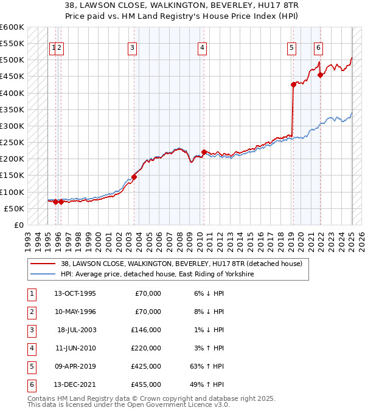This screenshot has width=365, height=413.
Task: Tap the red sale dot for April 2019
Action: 293,84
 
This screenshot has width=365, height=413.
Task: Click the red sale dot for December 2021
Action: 320,75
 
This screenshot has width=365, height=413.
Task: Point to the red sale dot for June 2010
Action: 204,152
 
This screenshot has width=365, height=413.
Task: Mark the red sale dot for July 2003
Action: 134,177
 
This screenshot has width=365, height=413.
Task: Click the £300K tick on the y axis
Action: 12,126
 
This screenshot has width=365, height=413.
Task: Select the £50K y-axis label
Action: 15,208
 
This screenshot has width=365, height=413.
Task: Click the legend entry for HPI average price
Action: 157,275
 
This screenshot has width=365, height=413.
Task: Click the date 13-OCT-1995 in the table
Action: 75,293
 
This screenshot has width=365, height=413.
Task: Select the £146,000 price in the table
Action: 148,330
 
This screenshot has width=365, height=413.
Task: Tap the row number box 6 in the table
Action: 31,384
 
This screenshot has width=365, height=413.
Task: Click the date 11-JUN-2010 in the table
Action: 75,348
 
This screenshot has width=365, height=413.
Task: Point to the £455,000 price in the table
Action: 148,384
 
